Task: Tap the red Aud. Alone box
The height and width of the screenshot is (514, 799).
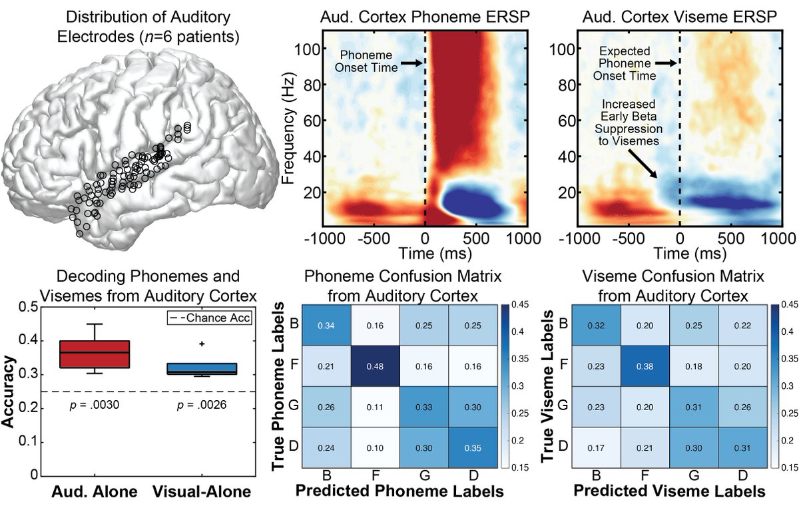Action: tap(104, 354)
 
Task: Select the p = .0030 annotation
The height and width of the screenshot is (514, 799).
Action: tap(104, 405)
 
